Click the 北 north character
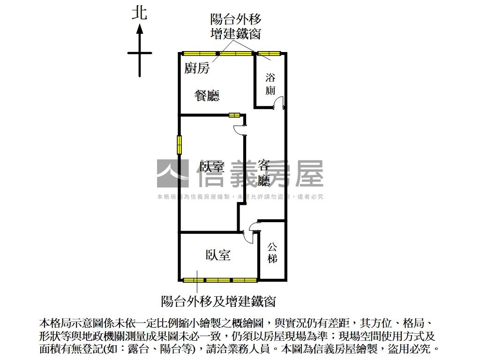(140, 13)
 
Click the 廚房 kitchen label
(196, 68)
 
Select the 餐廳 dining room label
(207, 96)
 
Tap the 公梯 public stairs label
(272, 252)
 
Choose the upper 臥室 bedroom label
(212, 167)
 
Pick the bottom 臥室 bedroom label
(218, 255)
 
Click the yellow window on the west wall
(179, 144)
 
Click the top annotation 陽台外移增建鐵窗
(236, 27)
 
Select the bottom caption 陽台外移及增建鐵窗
(218, 300)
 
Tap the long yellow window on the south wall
(220, 280)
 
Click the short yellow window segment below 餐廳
(234, 114)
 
